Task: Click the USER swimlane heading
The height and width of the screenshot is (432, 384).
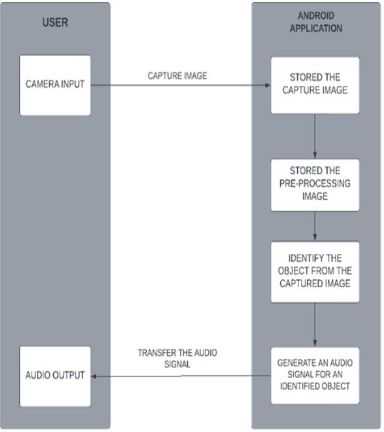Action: pyautogui.click(x=55, y=23)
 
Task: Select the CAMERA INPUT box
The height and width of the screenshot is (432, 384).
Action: pyautogui.click(x=55, y=84)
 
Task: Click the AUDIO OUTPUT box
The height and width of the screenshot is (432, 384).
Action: pyautogui.click(x=55, y=375)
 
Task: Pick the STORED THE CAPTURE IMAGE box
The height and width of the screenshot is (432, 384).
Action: pyautogui.click(x=315, y=84)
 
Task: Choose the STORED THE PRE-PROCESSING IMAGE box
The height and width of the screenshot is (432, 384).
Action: pyautogui.click(x=315, y=184)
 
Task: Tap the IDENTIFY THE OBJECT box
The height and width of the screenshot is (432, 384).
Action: pyautogui.click(x=315, y=271)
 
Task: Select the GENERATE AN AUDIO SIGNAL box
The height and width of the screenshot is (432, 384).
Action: pyautogui.click(x=315, y=375)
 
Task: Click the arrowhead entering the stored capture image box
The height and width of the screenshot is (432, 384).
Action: pyautogui.click(x=267, y=85)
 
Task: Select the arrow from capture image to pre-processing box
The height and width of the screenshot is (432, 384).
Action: pyautogui.click(x=316, y=136)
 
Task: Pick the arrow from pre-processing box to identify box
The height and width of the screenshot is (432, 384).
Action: pyautogui.click(x=316, y=226)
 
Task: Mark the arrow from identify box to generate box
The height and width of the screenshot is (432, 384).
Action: pyautogui.click(x=316, y=325)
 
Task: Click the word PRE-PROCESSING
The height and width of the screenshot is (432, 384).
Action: pyautogui.click(x=315, y=183)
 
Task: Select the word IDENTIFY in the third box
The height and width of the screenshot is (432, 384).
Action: pyautogui.click(x=306, y=258)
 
